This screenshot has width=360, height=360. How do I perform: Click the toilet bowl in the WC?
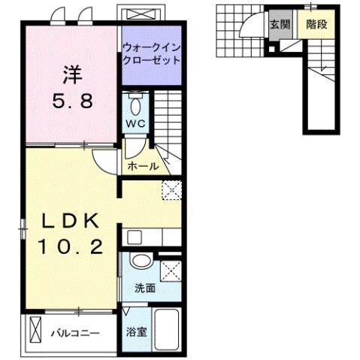click(x=135, y=102)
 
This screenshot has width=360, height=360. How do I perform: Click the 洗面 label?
click(x=145, y=288)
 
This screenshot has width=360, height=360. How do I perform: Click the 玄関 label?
click(x=280, y=24)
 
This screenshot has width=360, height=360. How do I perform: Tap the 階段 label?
click(x=316, y=24)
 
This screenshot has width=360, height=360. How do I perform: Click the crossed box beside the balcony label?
click(x=35, y=330)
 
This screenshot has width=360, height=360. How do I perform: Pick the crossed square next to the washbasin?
click(x=170, y=270)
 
